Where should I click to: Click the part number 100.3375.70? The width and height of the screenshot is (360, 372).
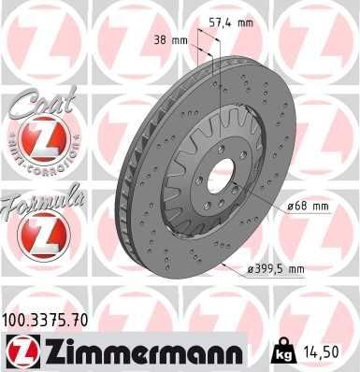click(x=48, y=320)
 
